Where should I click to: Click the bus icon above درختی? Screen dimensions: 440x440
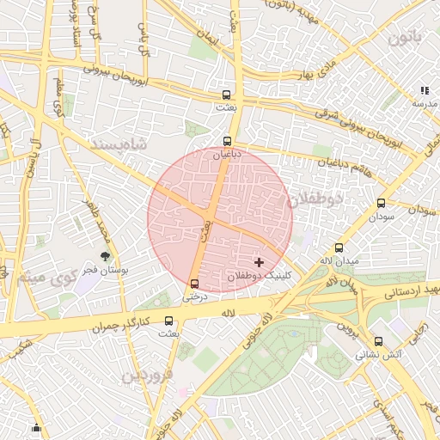coord(194,284)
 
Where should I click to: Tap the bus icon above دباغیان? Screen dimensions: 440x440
coord(228,141)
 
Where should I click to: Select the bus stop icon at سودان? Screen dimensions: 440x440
coord(381,204)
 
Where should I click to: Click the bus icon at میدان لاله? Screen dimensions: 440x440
coord(339,247)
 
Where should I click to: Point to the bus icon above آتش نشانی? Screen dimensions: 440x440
coord(378,341)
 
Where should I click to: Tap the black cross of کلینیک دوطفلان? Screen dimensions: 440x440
coord(259,262)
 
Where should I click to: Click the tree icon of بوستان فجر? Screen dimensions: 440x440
coord(105,256)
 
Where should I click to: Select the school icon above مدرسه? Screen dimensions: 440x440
coord(424,90)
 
